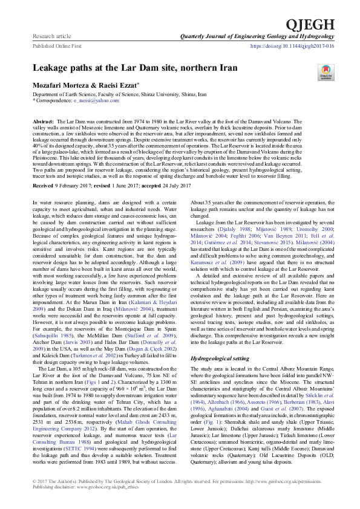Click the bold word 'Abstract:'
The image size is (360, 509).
tap(45, 122)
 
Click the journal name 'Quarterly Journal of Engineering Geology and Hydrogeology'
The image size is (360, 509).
tap(257, 37)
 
